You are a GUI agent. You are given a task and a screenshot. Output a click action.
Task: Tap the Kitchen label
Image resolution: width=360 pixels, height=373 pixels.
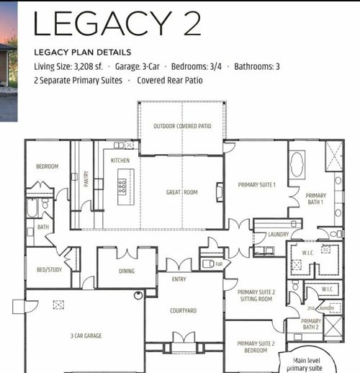(120, 161)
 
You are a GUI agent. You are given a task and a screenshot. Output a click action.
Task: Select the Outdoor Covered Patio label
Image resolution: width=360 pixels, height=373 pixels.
(182, 127)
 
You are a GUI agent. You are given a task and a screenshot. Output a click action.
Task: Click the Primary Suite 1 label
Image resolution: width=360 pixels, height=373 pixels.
(257, 185)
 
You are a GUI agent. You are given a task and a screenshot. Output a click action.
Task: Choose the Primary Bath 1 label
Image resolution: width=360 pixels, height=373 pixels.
(315, 199)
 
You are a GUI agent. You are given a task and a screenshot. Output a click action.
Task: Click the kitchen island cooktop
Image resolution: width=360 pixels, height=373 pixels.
(122, 184)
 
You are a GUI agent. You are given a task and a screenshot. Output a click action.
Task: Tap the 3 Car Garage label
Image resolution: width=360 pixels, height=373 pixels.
(86, 336)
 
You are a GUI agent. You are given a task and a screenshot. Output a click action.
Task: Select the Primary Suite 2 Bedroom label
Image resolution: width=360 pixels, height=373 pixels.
(256, 347)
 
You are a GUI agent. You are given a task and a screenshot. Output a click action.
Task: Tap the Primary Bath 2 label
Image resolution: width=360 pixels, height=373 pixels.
(311, 325)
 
